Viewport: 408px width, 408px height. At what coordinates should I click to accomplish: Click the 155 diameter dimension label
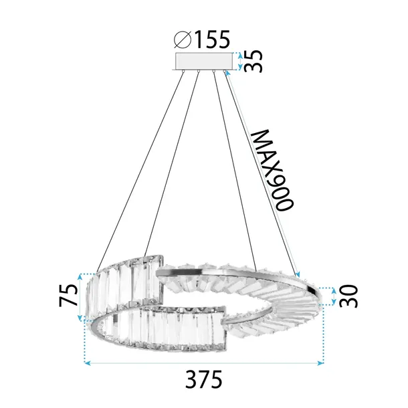pyautogui.click(x=212, y=41)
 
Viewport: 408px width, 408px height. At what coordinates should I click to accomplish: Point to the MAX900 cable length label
pyautogui.click(x=273, y=170)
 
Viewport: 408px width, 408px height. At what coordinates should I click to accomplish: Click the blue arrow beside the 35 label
pyautogui.click(x=238, y=62)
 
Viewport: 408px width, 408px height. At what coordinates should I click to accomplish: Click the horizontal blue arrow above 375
pyautogui.click(x=204, y=364)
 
